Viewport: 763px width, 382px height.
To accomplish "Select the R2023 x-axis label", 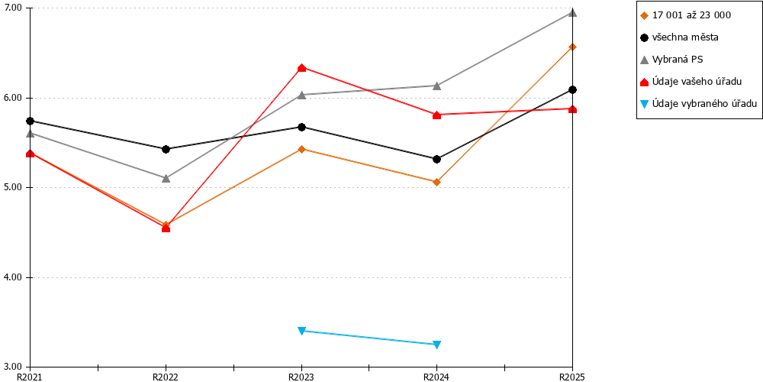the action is (x=301, y=377).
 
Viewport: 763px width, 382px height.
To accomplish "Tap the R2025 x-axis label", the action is (x=572, y=377).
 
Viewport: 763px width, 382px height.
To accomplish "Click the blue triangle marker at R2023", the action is (x=301, y=331).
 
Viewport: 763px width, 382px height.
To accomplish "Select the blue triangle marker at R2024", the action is (x=436, y=345).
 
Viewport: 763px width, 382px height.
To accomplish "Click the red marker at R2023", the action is (x=301, y=68).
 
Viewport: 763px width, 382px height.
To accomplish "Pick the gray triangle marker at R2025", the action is (x=572, y=13).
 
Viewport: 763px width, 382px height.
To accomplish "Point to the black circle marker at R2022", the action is (x=166, y=149).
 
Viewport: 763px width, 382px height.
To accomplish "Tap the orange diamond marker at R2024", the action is (x=436, y=183).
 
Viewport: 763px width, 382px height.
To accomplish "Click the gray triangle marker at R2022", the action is (x=166, y=178).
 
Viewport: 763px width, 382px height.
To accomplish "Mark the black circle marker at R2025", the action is (x=572, y=89).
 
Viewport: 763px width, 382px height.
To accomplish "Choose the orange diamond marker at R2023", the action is (x=301, y=149).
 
